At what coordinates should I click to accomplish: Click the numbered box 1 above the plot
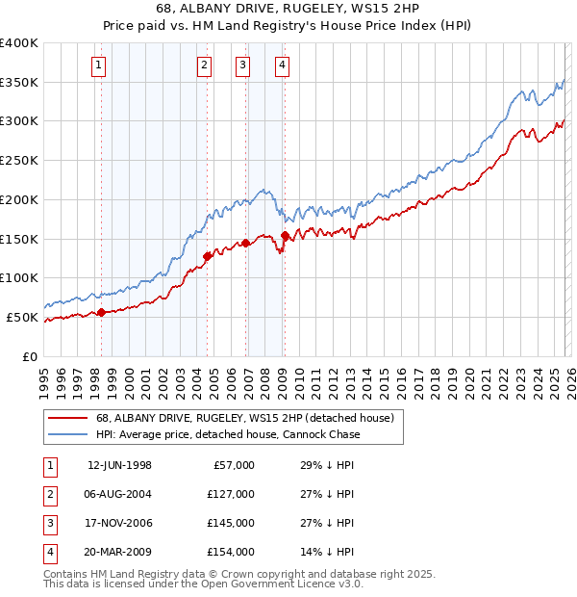click(x=100, y=65)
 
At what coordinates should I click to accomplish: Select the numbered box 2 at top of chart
click(x=205, y=65)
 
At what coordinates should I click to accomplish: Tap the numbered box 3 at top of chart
click(x=243, y=65)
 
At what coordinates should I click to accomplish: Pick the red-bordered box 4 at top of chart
click(x=283, y=65)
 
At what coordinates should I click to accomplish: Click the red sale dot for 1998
click(x=101, y=311)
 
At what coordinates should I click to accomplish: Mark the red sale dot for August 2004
click(x=207, y=256)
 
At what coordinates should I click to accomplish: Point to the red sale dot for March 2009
click(x=285, y=235)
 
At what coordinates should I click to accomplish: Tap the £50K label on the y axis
click(x=23, y=317)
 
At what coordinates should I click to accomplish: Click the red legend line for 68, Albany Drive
click(x=66, y=419)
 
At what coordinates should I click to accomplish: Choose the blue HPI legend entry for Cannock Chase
click(x=227, y=434)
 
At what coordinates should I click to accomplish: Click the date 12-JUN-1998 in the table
click(x=119, y=465)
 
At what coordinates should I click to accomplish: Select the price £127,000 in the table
click(x=231, y=494)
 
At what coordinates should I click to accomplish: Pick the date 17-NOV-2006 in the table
click(x=119, y=523)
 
